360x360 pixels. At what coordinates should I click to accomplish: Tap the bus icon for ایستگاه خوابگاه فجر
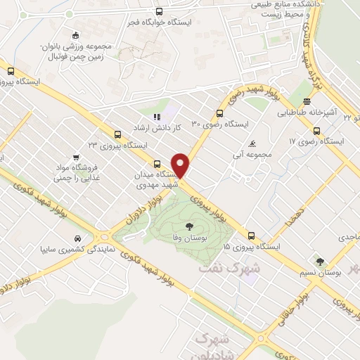(x=159, y=11)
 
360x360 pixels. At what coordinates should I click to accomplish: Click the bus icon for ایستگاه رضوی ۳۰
(x=220, y=112)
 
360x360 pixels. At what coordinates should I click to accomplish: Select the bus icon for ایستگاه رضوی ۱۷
(x=316, y=130)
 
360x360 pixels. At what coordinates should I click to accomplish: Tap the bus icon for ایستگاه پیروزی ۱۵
(x=251, y=236)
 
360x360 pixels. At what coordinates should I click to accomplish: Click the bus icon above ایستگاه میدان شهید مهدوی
(x=156, y=164)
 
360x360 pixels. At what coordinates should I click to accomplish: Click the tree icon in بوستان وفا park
(x=188, y=226)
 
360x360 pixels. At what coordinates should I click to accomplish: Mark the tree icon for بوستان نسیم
(x=321, y=261)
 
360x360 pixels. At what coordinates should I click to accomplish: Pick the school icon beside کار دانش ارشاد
(x=157, y=117)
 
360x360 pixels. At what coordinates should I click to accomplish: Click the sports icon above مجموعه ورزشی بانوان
(x=75, y=36)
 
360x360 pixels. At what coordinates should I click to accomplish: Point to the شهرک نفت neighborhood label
(x=229, y=267)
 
